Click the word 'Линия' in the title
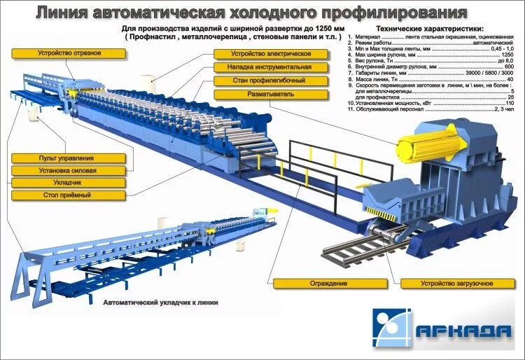click(x=62, y=12)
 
